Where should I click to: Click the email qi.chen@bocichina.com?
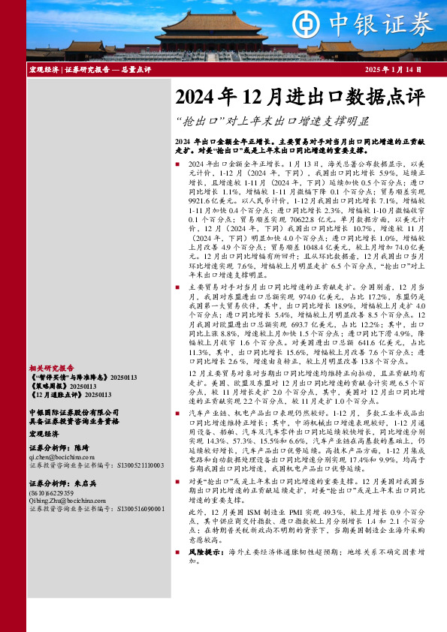coord(56,456)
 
